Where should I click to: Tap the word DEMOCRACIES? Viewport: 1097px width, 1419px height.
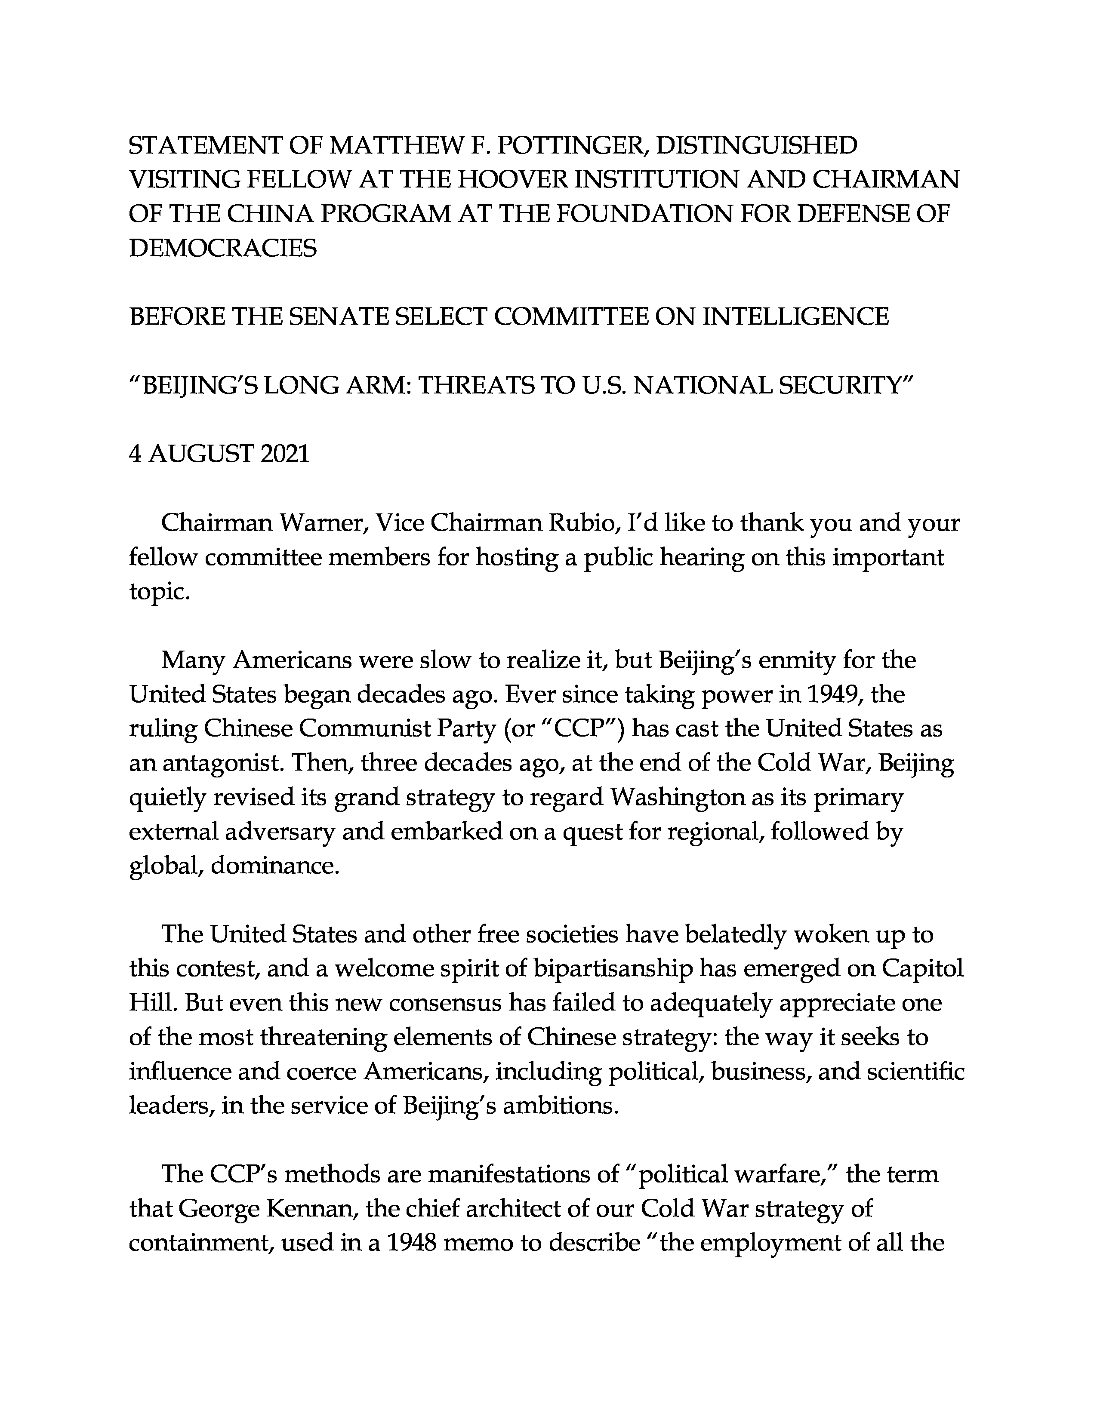[x=223, y=248]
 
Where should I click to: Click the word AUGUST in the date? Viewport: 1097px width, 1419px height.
[x=201, y=454]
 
